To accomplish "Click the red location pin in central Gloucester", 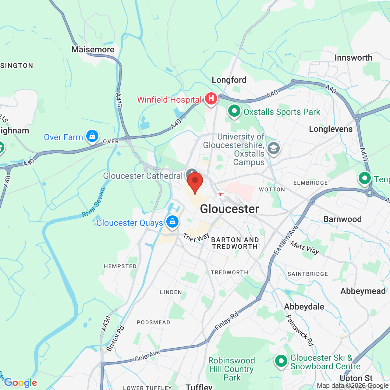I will click(195, 182).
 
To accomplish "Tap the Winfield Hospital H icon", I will click(211, 99).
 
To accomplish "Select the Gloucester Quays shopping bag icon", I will click(172, 221).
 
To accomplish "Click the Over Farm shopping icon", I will click(92, 136).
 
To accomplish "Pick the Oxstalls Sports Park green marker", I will click(234, 111).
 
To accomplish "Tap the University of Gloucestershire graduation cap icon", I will click(273, 148).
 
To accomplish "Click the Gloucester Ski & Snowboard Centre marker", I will click(281, 361).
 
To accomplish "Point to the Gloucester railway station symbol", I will click(221, 194).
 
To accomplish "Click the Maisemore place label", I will click(93, 49).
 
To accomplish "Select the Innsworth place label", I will click(353, 58).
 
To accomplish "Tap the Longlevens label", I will click(331, 129).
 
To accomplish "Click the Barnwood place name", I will click(342, 219).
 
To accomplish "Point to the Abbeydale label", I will click(304, 307).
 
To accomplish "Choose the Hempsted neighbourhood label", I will click(120, 266).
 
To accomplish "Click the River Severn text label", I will click(94, 202).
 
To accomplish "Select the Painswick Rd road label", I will click(300, 330).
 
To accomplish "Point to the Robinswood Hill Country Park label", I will click(232, 369).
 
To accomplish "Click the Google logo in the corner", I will click(21, 383).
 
